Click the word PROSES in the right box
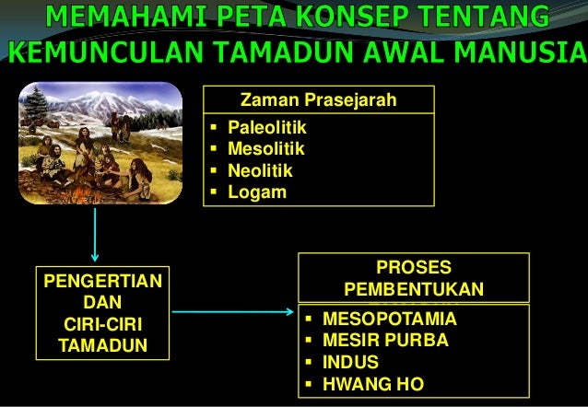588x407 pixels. [x=414, y=268]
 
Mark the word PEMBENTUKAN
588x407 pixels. [x=414, y=289]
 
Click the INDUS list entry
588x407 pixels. [x=349, y=362]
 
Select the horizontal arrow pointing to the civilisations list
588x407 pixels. [x=235, y=311]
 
